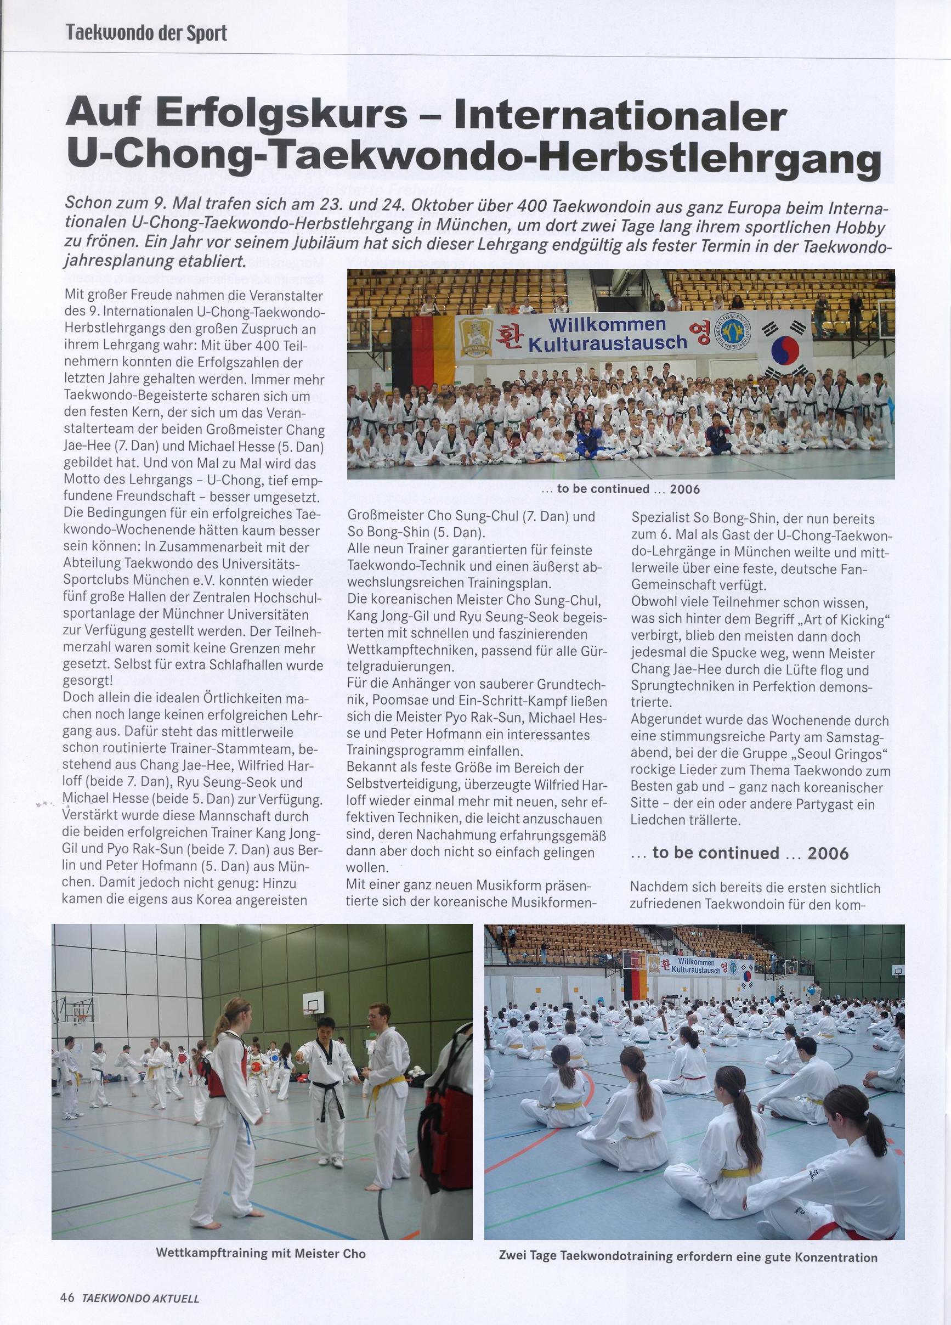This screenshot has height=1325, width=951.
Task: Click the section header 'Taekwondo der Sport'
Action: click(x=146, y=33)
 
